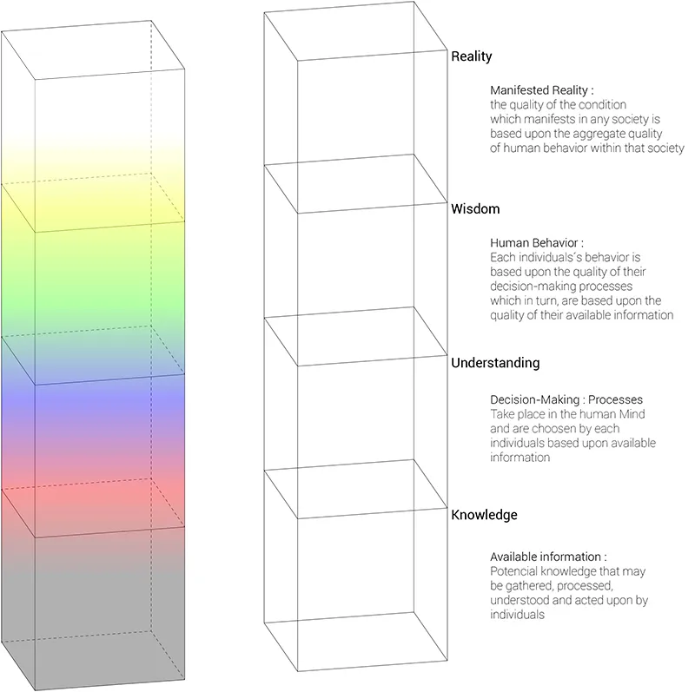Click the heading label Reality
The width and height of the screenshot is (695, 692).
tap(471, 56)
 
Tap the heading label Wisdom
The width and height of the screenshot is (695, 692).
tap(475, 208)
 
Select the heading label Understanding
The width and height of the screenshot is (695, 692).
tap(495, 363)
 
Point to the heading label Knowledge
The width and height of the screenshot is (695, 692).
tap(484, 515)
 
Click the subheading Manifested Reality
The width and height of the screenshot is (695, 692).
tap(539, 90)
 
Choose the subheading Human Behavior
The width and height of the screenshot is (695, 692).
tap(534, 243)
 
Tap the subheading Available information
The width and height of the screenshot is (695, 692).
tap(546, 557)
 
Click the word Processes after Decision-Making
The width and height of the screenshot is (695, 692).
tap(615, 399)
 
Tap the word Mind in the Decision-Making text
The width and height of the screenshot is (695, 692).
tap(632, 414)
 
